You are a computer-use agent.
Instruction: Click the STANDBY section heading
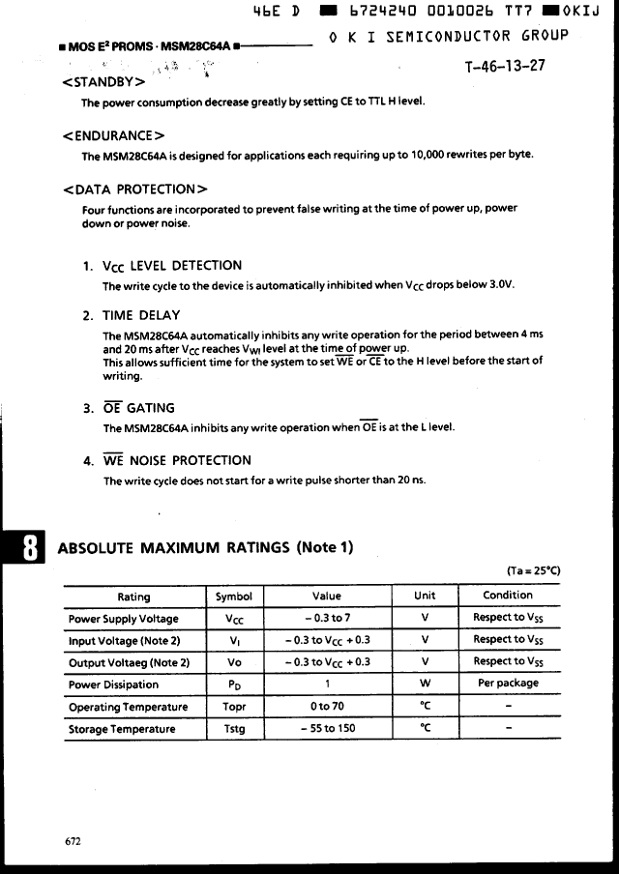103,81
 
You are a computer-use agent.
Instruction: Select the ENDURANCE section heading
113,135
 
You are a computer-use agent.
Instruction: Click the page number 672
74,841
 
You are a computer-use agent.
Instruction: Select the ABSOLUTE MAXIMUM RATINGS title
206,548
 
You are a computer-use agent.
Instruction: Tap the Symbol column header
233,596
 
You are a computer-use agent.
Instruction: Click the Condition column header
508,595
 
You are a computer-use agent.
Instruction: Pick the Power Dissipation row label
114,685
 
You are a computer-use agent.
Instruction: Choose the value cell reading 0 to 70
327,707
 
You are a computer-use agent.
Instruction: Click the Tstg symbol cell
234,729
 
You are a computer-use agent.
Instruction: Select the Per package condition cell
508,683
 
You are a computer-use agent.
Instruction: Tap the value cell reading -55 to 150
327,729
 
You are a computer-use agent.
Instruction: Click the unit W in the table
425,684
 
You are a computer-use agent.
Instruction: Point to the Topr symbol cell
234,707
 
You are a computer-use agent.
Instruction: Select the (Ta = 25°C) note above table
533,570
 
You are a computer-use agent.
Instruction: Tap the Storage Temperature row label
122,729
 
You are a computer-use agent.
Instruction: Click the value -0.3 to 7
327,618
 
